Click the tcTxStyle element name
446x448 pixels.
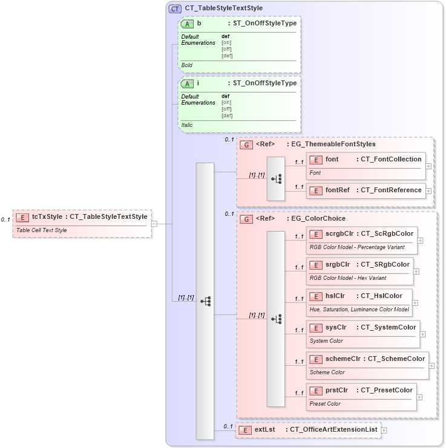(47, 216)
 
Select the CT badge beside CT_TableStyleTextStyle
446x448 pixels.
(175, 8)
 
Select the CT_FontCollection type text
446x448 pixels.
(391, 159)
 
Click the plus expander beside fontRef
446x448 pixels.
(429, 190)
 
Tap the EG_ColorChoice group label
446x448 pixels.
(319, 218)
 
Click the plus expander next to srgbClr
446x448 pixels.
(416, 271)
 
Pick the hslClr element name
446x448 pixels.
(335, 296)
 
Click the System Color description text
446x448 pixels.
(326, 341)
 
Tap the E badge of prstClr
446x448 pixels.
(316, 391)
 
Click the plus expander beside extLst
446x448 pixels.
(384, 430)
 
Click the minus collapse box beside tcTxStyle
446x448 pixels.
(155, 224)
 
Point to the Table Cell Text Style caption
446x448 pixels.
(42, 230)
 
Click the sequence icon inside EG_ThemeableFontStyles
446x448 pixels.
(276, 178)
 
